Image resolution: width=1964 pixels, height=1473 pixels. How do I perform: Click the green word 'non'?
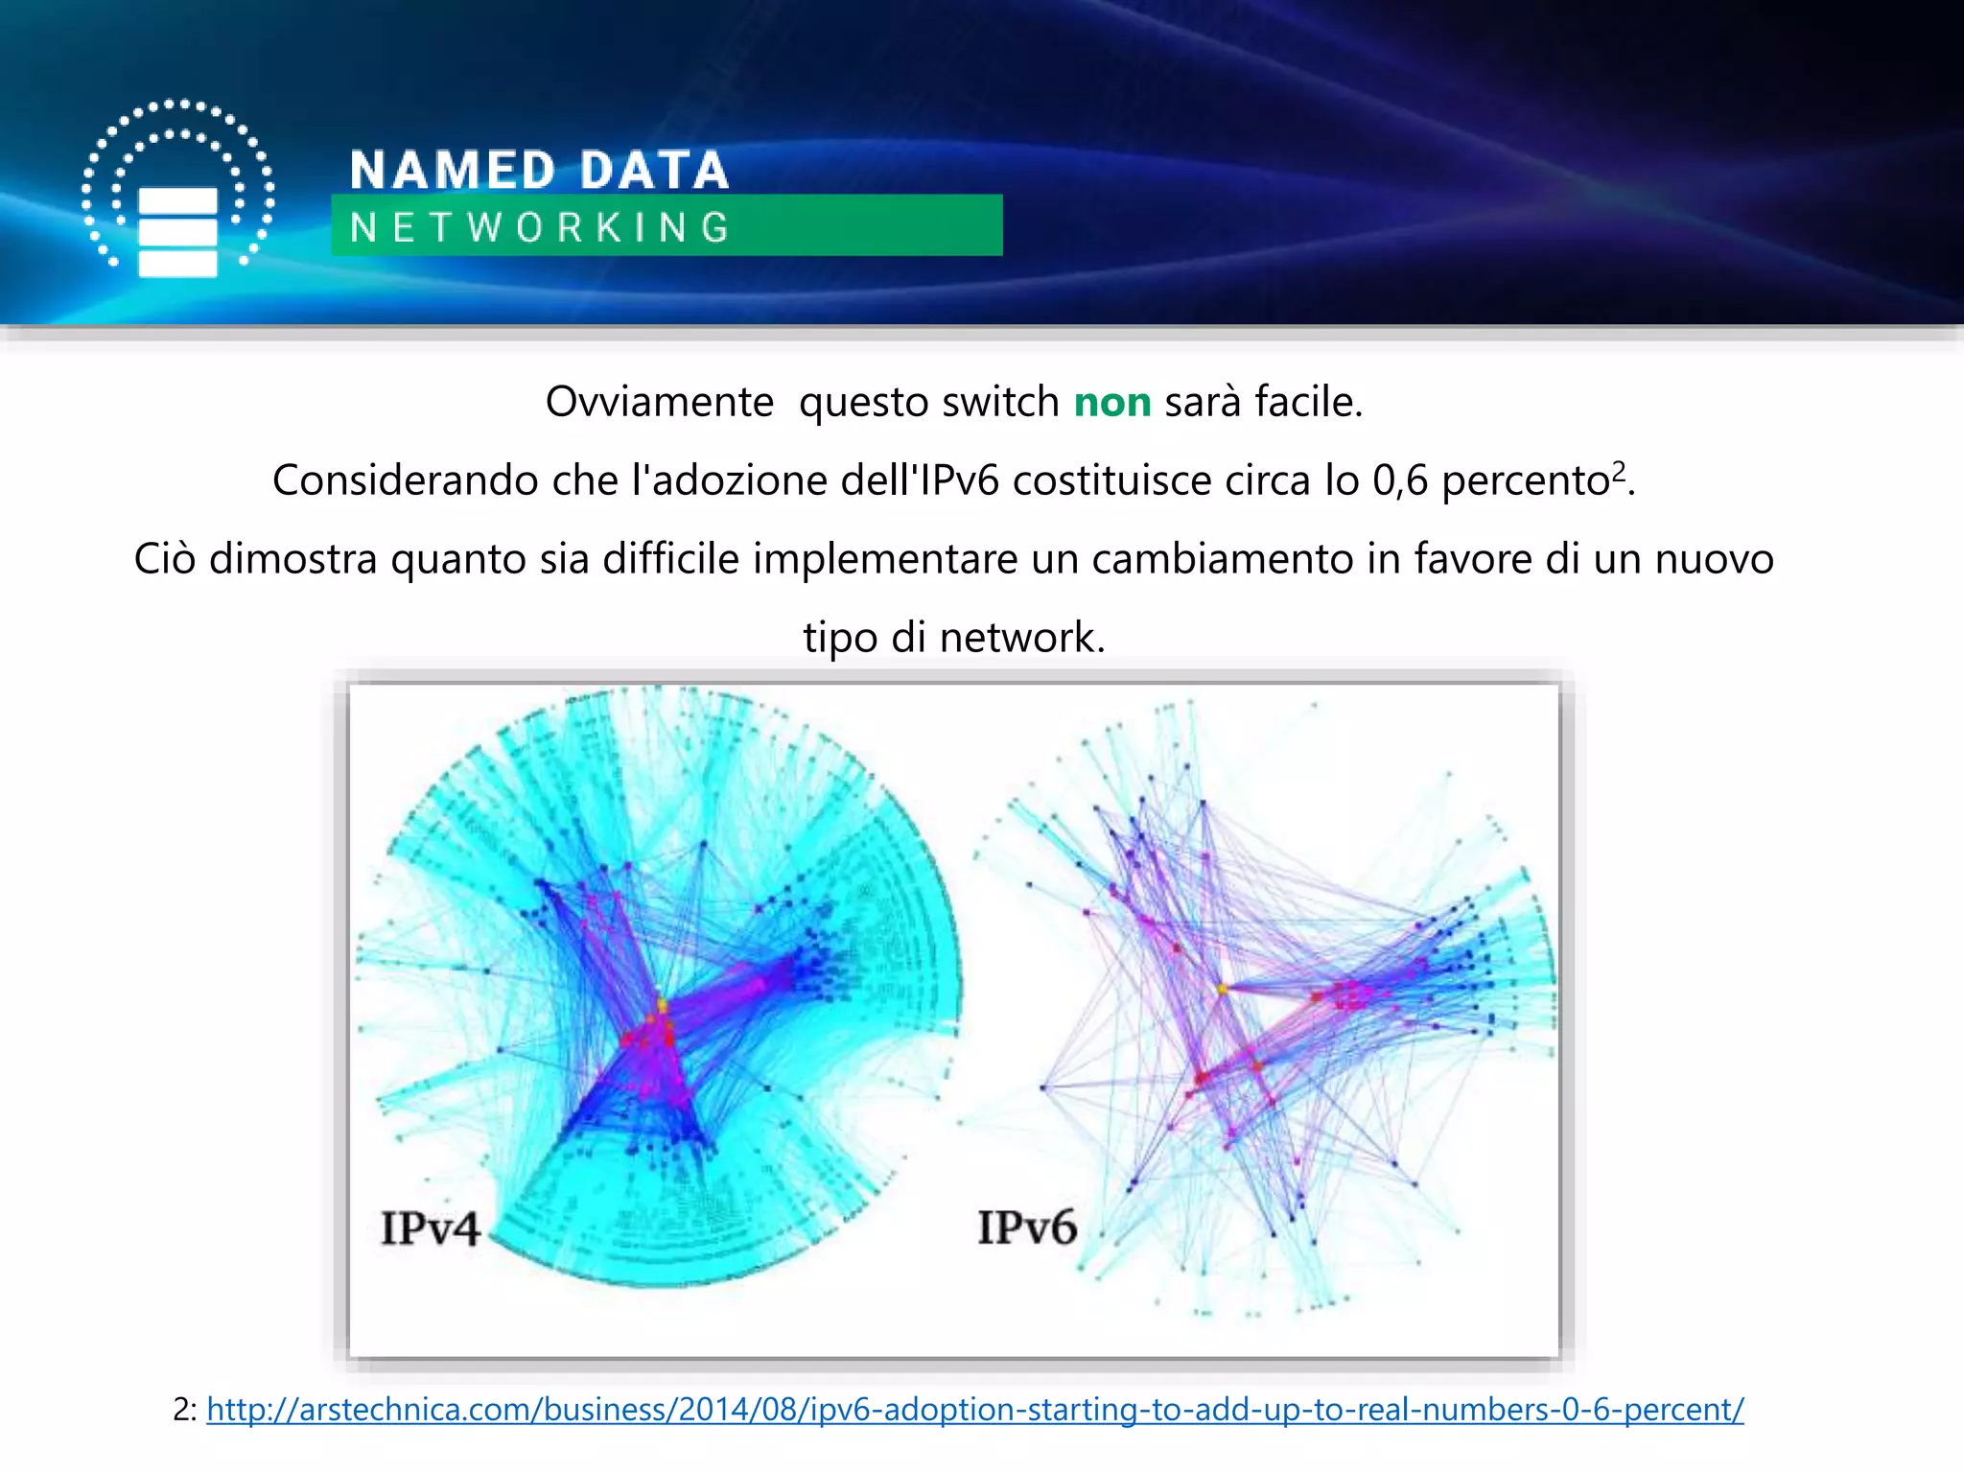[1111, 402]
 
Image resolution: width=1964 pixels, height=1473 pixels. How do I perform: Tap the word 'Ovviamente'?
[659, 402]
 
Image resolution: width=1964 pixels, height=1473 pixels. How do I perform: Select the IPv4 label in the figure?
[430, 1228]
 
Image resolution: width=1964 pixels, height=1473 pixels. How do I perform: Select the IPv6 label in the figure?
[1027, 1227]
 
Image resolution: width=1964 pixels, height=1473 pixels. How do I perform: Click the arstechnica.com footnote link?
[974, 1409]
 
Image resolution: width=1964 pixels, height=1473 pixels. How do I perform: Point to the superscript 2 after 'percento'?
[1619, 470]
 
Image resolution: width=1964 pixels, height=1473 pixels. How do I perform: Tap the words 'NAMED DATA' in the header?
[539, 170]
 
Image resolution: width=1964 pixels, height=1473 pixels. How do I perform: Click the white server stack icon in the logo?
[177, 232]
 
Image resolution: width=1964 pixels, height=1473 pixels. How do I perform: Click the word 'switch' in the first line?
[1000, 402]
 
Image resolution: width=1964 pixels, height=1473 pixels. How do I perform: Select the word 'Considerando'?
[405, 480]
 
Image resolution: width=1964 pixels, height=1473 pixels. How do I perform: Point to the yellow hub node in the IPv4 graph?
[662, 1004]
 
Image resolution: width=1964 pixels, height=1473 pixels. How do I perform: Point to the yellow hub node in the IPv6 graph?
[1222, 987]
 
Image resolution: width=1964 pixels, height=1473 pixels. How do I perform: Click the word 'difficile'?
[670, 559]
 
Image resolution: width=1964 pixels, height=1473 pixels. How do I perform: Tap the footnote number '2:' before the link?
[185, 1409]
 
